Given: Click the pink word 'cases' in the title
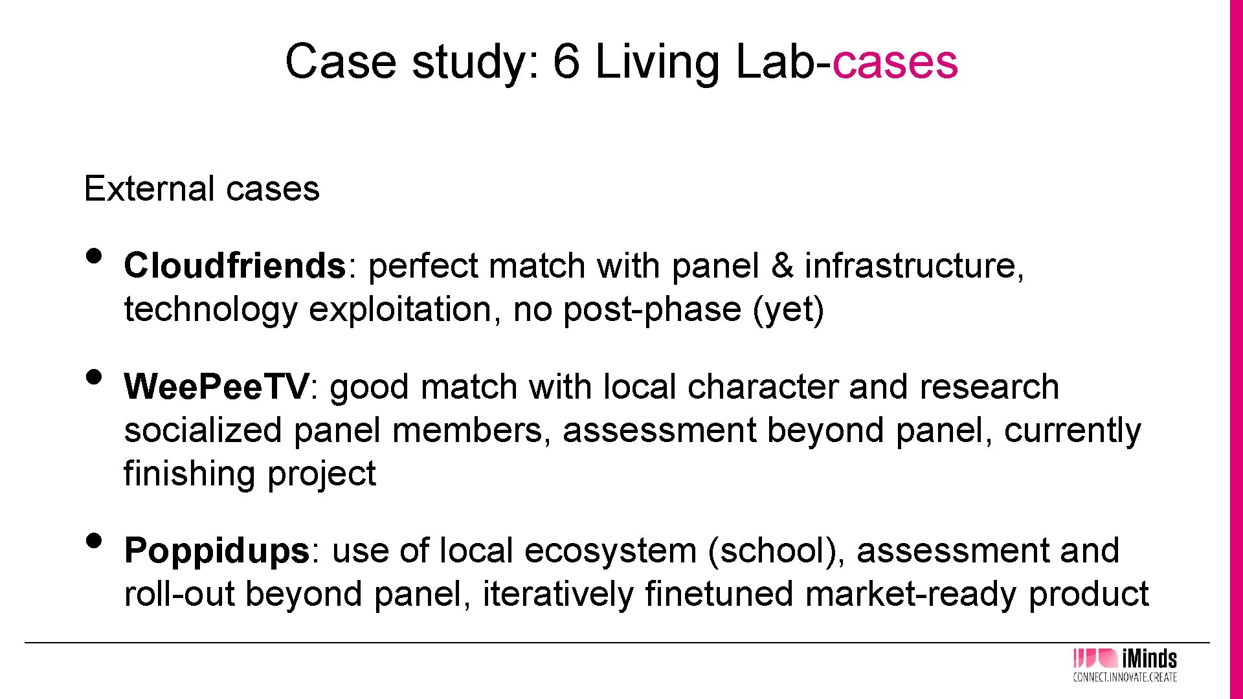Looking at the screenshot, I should click(x=895, y=62).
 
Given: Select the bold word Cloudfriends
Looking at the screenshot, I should click(x=235, y=266).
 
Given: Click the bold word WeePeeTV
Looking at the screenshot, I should click(x=217, y=387).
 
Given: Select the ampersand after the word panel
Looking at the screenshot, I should click(x=782, y=266).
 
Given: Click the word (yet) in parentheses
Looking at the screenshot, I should click(x=789, y=309).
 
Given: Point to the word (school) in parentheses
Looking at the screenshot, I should click(x=776, y=551).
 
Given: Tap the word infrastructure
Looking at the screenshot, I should click(x=913, y=266).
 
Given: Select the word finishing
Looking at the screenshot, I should click(x=190, y=474).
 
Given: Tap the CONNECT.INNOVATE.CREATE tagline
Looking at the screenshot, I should click(x=1125, y=678).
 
